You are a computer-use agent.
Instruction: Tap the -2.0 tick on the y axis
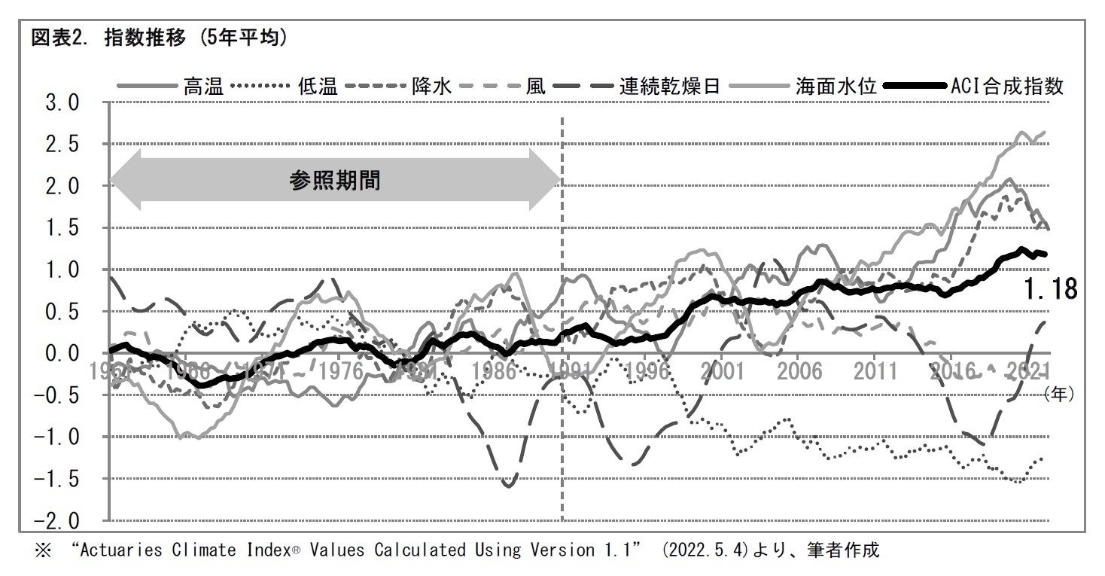pos(53,521)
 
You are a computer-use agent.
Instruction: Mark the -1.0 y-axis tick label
pos(53,437)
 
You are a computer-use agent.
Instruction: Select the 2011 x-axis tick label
pos(875,370)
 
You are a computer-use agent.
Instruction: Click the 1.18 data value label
pos(1050,288)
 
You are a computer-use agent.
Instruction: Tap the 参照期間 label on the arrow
pos(335,181)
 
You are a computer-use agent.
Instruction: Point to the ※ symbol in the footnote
pos(42,551)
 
